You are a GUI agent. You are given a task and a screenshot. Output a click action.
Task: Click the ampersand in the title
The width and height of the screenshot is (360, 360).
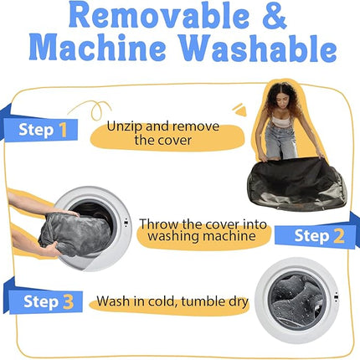pos(274,16)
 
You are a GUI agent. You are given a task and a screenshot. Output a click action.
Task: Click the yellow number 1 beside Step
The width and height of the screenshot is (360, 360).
pos(63,130)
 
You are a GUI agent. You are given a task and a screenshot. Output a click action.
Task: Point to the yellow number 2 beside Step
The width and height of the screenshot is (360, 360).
pos(338,236)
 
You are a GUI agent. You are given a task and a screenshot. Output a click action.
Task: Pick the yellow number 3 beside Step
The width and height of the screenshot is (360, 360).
pos(68,301)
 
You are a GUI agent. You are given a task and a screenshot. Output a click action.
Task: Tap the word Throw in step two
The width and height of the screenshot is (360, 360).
pos(158,224)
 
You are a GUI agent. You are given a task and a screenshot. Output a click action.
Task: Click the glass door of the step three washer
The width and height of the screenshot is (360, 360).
pos(296,301)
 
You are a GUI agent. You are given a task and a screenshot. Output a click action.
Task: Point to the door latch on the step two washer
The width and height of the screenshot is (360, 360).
pos(126,222)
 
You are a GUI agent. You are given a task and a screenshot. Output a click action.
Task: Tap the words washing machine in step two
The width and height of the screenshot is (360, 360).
pos(202,236)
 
